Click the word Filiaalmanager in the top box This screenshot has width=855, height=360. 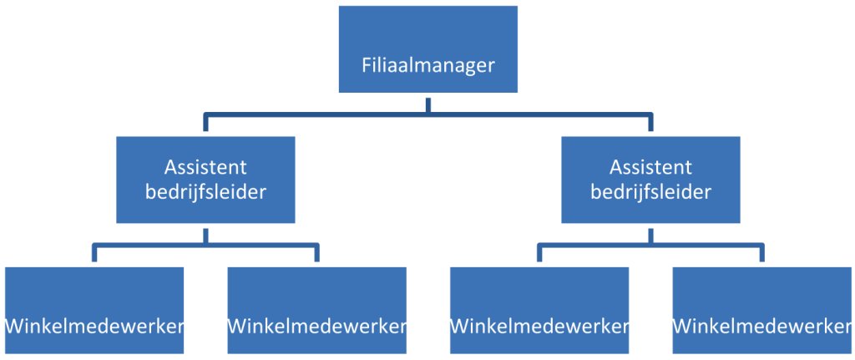pyautogui.click(x=427, y=65)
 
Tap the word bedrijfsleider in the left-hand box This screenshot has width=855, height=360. pyautogui.click(x=206, y=191)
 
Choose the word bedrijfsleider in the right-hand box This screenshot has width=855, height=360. pyautogui.click(x=650, y=191)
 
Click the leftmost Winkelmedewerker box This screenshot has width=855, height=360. pyautogui.click(x=94, y=311)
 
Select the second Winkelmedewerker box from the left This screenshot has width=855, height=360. pyautogui.click(x=316, y=311)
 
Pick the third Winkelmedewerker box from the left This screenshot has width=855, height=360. pyautogui.click(x=539, y=311)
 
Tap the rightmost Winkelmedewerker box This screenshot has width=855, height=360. pyautogui.click(x=761, y=311)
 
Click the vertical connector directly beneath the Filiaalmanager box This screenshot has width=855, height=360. pyautogui.click(x=427, y=104)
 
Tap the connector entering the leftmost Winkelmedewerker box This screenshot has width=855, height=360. pyautogui.click(x=94, y=256)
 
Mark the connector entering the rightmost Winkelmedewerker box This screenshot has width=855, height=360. pyautogui.click(x=761, y=256)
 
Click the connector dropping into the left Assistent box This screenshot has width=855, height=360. pyautogui.click(x=206, y=126)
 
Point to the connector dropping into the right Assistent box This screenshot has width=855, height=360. pyautogui.click(x=650, y=126)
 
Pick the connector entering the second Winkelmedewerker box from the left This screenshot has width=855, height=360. pyautogui.click(x=316, y=256)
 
